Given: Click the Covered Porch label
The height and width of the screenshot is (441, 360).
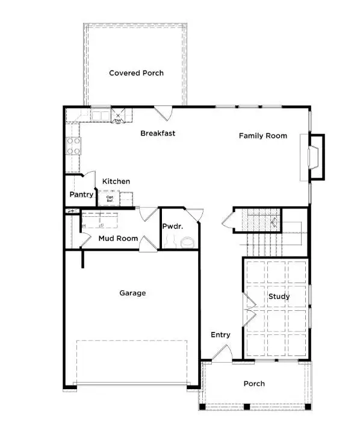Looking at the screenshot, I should pos(136,73).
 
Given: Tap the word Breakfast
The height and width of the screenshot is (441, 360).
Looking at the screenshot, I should pos(158,133).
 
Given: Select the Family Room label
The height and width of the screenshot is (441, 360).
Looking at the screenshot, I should pos(262,136).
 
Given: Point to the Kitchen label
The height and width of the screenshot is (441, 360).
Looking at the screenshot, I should pos(116,181).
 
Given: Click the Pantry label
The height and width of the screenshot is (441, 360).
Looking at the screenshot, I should pos(81,195).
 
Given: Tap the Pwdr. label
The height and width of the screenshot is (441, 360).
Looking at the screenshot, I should pos(172,227).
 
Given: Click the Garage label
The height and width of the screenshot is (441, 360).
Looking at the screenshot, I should pos(132,293).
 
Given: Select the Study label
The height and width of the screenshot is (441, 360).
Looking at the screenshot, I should pos(279,296).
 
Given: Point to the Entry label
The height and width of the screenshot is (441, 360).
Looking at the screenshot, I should pos(220,335).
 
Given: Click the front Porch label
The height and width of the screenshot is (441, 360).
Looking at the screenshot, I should pos(253,384).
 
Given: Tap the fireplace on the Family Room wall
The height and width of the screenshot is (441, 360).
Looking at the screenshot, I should pos(315,158).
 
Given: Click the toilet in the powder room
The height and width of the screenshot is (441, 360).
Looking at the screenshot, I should pos(188,242).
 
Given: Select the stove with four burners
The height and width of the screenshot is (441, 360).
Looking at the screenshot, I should pos(73,146).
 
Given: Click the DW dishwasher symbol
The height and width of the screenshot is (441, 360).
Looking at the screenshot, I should pos(119,116).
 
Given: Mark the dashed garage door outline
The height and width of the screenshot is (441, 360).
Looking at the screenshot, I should pos(132,362).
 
